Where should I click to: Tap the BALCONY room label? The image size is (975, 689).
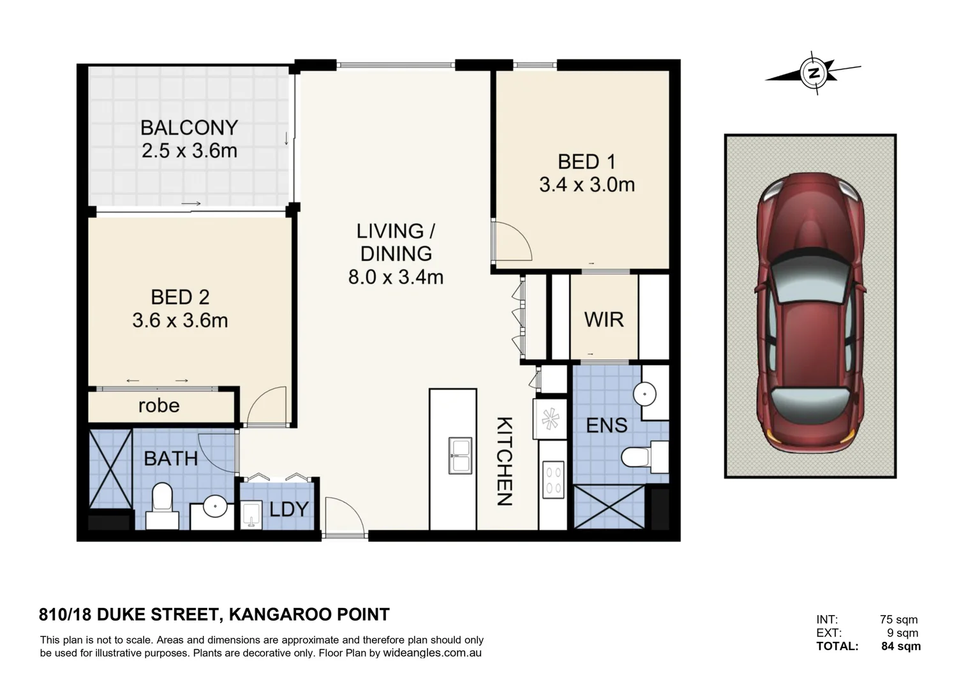click(x=190, y=128)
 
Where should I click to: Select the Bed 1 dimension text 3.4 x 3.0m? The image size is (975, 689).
click(x=587, y=184)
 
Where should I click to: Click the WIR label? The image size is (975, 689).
click(x=604, y=320)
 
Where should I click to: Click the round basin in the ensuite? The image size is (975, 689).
click(x=644, y=394)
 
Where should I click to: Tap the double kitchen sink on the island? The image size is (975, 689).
click(x=460, y=456)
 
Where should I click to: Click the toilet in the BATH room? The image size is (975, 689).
click(x=162, y=505)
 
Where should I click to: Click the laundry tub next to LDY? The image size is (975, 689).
click(x=251, y=514)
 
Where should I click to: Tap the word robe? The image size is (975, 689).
click(x=159, y=406)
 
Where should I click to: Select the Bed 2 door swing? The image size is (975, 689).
click(x=266, y=405)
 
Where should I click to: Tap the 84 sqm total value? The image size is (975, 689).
click(x=901, y=646)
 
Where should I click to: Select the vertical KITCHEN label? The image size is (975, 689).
click(x=505, y=461)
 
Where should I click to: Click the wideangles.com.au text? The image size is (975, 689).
click(x=432, y=653)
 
